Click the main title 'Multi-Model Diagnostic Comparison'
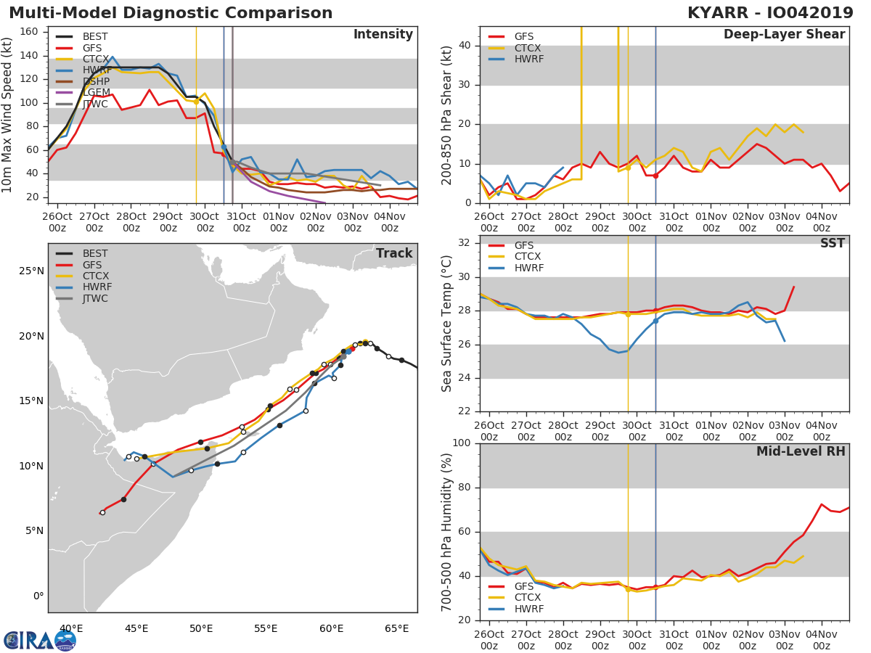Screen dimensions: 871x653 171,13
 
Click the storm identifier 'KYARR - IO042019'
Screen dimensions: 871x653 770,13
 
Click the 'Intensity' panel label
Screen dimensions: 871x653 383,35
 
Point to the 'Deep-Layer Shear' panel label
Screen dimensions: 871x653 785,35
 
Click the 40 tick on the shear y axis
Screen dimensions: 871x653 465,45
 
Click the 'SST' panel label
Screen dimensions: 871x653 833,243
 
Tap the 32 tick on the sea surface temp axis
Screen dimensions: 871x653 465,243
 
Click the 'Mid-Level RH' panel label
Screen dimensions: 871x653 801,451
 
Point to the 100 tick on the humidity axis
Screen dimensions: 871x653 462,443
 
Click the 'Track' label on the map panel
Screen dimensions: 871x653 394,253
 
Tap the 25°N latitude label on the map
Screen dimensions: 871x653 31,271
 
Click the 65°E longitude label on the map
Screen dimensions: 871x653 397,629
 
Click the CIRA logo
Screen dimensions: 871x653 40,641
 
